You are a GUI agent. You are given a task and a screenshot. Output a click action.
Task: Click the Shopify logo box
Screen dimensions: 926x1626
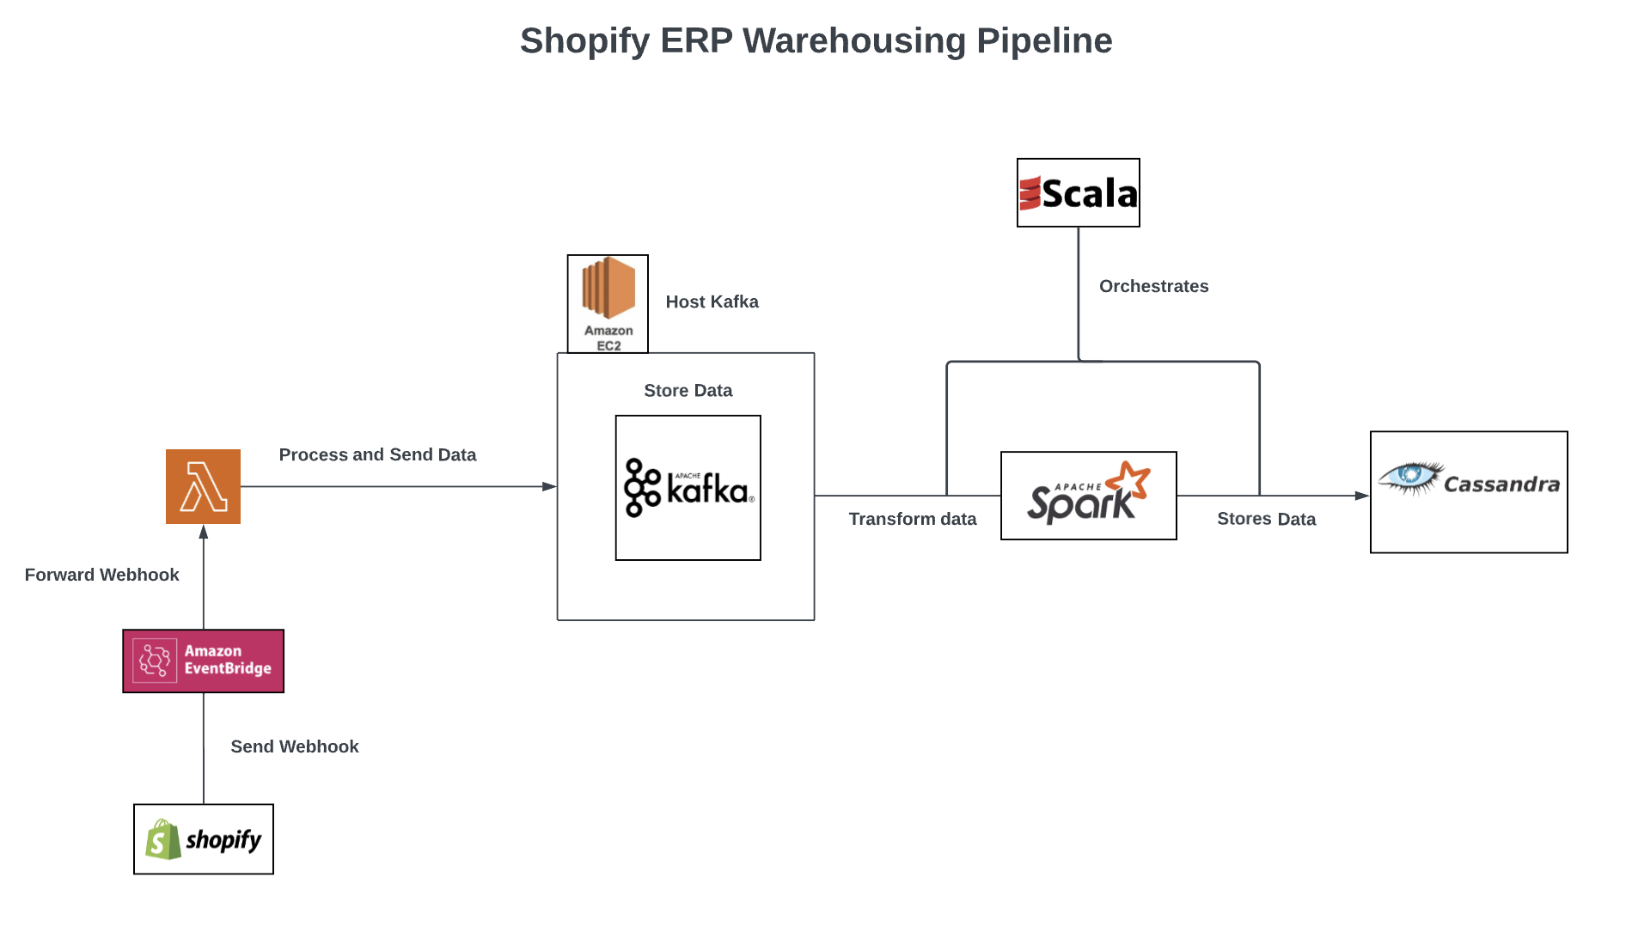[x=204, y=839]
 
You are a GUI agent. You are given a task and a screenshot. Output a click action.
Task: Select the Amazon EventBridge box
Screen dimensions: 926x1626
[x=204, y=661]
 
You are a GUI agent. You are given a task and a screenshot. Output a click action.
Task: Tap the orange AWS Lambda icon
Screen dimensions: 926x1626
[x=203, y=486]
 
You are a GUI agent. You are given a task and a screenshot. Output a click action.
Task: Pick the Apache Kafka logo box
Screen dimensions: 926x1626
[x=688, y=488]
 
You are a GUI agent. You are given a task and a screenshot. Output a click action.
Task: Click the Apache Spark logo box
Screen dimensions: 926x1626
[x=1088, y=496]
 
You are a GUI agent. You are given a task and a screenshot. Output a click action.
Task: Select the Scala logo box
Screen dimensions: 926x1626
[x=1078, y=192]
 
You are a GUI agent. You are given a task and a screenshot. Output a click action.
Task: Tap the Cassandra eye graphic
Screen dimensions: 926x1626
[x=1409, y=477]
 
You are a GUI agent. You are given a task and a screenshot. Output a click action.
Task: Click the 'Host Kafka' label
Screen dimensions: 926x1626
[x=712, y=302]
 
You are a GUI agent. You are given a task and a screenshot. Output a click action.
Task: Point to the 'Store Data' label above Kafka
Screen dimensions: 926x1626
[x=688, y=391]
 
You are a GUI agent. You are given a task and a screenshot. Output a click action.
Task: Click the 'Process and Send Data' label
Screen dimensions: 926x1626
[x=377, y=454]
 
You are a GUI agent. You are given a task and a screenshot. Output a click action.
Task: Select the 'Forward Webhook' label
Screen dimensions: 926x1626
[x=101, y=575]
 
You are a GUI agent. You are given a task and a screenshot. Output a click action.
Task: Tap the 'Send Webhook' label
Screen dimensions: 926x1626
[x=294, y=746]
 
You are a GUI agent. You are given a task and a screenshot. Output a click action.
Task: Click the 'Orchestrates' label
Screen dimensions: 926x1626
[x=1153, y=286]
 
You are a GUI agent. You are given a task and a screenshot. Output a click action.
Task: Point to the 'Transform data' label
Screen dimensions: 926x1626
[x=912, y=519]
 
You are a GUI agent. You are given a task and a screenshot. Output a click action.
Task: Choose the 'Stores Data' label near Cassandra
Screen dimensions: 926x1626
[x=1266, y=519]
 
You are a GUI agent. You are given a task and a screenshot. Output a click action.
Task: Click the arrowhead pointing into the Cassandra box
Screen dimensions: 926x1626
[x=1363, y=496]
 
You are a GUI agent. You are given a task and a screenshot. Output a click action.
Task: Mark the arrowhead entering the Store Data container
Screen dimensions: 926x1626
[x=550, y=486]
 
